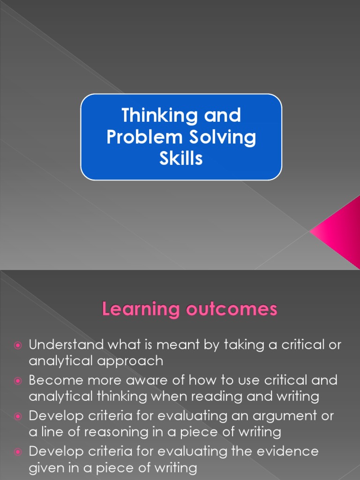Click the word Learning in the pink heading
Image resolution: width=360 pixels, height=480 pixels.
[134, 310]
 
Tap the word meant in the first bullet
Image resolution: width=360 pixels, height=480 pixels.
[180, 345]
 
